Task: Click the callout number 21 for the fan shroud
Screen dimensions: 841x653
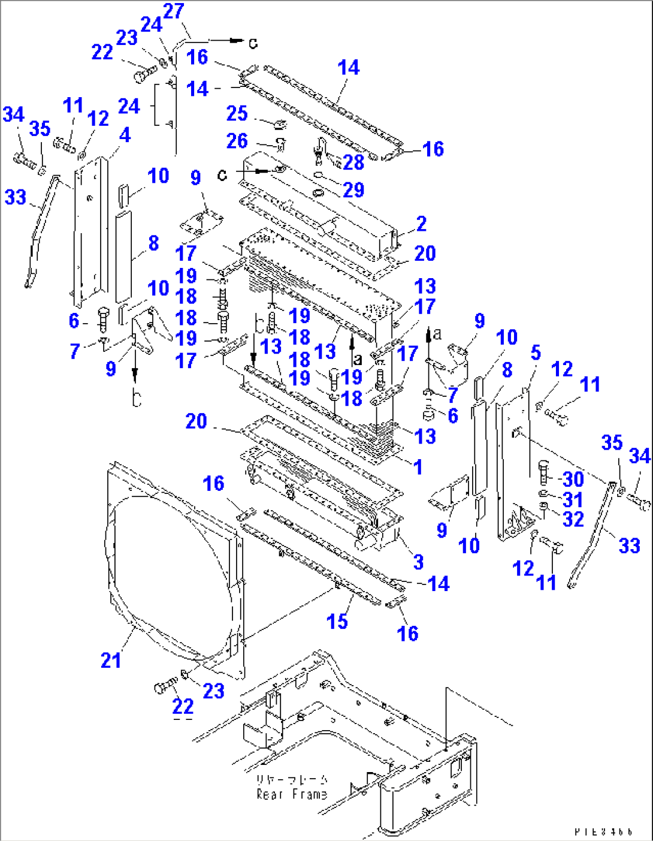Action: pos(111,660)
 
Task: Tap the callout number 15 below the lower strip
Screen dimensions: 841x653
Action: pos(337,622)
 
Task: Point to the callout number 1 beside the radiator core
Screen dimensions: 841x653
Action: pos(418,466)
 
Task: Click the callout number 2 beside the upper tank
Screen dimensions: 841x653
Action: pos(421,224)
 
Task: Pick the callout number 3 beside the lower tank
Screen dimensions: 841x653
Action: pos(418,562)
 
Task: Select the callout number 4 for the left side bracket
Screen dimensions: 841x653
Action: pos(125,135)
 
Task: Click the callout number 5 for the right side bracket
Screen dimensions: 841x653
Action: pos(536,353)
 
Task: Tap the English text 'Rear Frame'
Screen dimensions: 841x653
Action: pos(292,794)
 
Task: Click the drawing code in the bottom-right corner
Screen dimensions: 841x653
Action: pos(603,832)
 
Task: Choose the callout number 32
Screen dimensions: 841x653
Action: pos(573,519)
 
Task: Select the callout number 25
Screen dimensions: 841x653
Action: pos(237,113)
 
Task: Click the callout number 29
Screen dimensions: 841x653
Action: pos(353,190)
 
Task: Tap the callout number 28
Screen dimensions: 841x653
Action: pos(353,162)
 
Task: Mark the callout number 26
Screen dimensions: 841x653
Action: pos(237,141)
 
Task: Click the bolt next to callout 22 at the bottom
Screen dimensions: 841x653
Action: pos(164,688)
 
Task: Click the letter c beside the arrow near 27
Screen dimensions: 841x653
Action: pos(253,43)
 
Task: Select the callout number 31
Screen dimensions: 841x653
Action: pos(573,499)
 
